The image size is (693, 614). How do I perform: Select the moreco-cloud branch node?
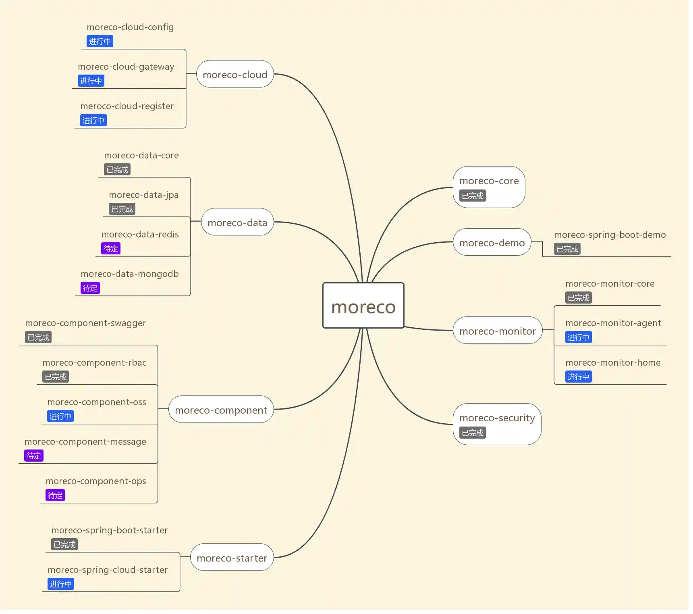[235, 74]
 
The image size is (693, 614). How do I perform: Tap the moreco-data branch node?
[237, 222]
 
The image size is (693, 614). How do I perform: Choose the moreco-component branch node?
[221, 410]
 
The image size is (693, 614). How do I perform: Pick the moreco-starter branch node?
[232, 558]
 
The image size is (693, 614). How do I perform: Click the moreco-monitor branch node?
[497, 331]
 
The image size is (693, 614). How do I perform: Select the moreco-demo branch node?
[492, 242]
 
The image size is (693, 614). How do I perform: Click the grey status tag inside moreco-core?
[472, 196]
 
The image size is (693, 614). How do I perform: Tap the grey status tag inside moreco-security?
[472, 433]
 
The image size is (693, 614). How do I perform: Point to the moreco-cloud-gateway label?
[126, 67]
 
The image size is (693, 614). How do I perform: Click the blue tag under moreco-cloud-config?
[100, 41]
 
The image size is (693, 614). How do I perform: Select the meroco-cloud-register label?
[127, 106]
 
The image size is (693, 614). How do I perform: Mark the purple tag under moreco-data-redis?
[110, 249]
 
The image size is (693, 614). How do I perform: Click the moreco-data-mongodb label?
[129, 274]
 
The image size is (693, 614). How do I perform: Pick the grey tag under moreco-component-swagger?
[38, 337]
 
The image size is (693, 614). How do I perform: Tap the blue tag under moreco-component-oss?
[60, 416]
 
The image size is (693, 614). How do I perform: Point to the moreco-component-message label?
[85, 441]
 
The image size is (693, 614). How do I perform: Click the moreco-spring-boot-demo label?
[610, 235]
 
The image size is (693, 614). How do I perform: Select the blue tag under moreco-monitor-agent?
[578, 337]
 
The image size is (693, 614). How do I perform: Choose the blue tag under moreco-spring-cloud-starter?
[60, 584]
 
